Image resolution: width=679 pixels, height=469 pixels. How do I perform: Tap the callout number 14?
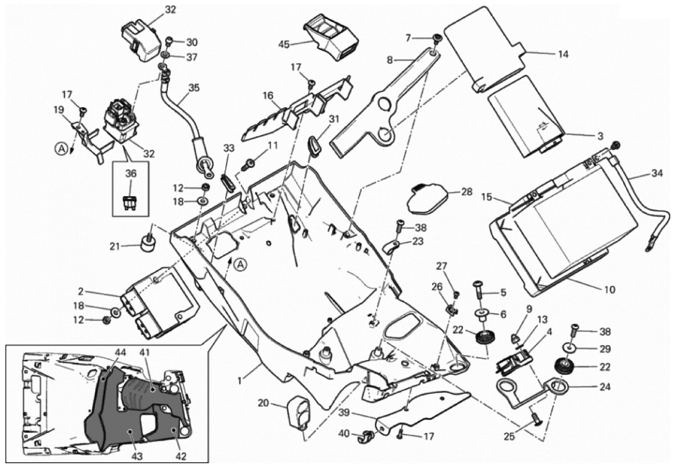(563, 54)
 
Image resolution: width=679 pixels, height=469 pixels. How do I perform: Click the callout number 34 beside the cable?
(657, 172)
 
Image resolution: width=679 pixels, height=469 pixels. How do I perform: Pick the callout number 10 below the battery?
(609, 290)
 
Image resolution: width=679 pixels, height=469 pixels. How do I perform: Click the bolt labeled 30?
(170, 41)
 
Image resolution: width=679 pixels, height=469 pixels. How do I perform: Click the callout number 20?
(264, 403)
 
